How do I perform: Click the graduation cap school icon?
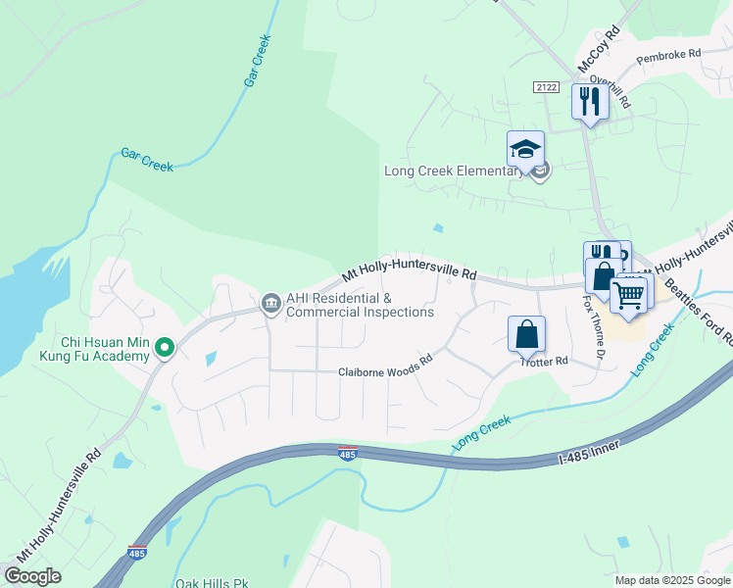(525, 150)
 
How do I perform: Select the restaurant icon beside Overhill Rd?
(589, 102)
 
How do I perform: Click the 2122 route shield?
(547, 87)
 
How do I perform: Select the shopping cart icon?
(629, 293)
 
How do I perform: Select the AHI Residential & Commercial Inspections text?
(360, 305)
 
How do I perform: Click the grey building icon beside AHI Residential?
(269, 305)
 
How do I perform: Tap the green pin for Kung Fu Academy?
(166, 348)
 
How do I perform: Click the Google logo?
(32, 575)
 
